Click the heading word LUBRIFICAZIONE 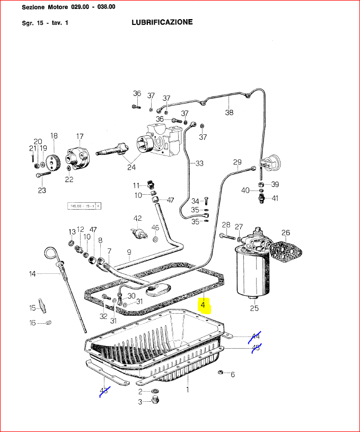(x=162, y=22)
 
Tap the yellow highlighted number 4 (x=203, y=305)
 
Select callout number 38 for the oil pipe (x=229, y=112)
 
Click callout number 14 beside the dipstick (x=32, y=274)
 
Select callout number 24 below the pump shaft (x=131, y=167)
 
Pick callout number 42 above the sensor (x=138, y=218)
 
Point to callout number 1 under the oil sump (x=187, y=390)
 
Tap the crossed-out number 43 (x=104, y=391)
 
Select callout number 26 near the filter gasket (x=286, y=232)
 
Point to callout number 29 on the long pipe (x=237, y=162)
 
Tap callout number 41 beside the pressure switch (x=275, y=198)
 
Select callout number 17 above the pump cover (x=80, y=136)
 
